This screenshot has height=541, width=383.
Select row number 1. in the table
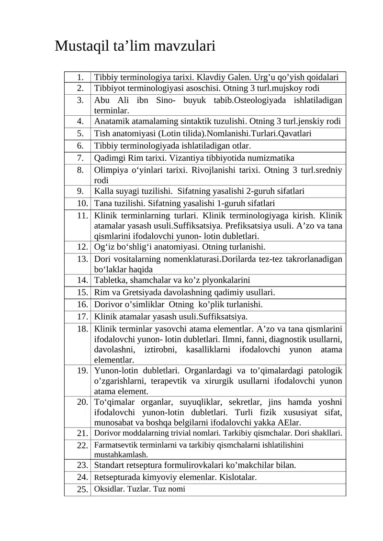click(80, 77)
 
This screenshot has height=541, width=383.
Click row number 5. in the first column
click(80, 133)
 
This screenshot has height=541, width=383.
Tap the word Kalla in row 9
click(103, 191)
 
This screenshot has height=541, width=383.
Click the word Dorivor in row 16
click(108, 305)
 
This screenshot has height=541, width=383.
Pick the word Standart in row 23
click(110, 465)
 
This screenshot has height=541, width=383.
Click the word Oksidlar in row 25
click(108, 489)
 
